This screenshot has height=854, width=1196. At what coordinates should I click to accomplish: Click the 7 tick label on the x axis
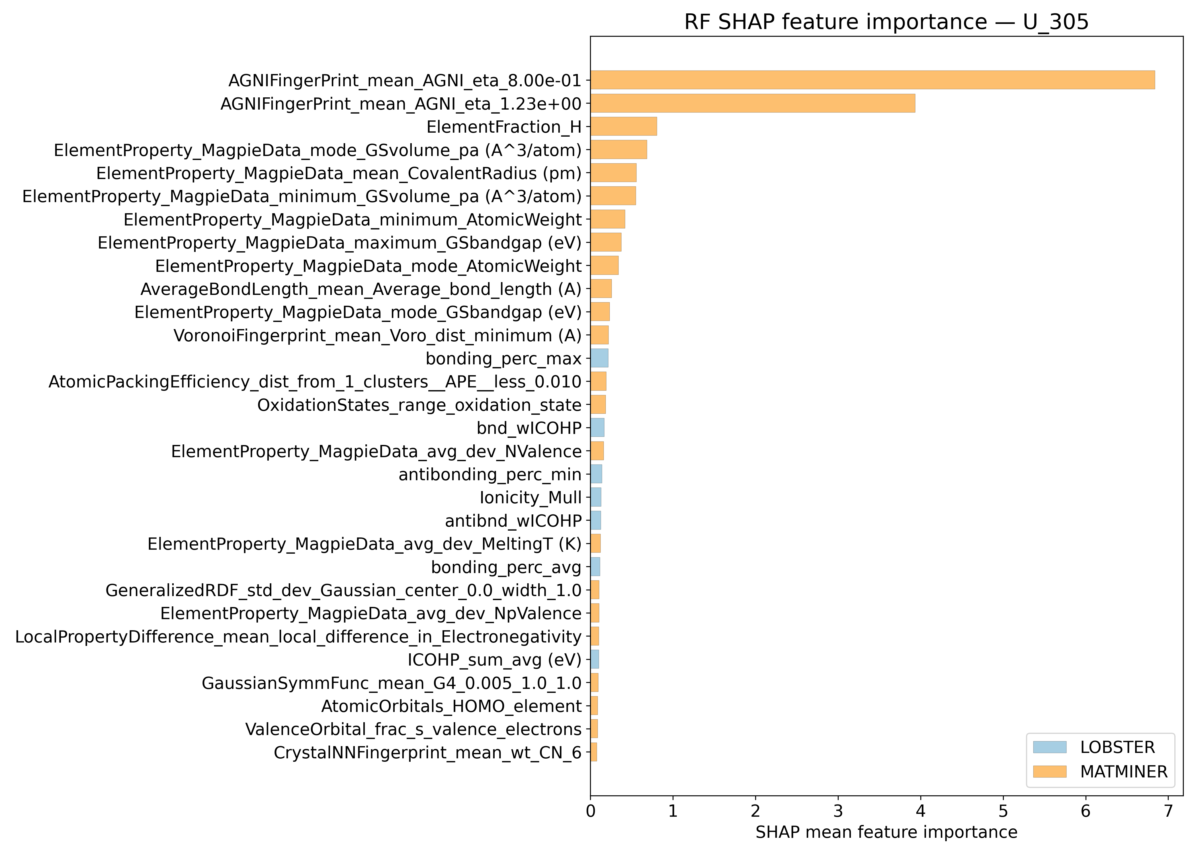[x=1168, y=811]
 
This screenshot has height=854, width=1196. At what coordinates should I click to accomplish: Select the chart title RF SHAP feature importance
[x=886, y=22]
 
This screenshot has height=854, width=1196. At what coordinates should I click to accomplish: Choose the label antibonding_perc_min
[x=490, y=474]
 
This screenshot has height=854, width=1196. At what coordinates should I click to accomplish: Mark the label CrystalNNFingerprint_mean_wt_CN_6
[x=428, y=752]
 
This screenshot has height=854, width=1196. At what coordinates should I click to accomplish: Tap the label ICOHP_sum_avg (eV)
[x=494, y=660]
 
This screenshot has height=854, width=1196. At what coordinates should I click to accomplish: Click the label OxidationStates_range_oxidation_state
[x=419, y=405]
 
